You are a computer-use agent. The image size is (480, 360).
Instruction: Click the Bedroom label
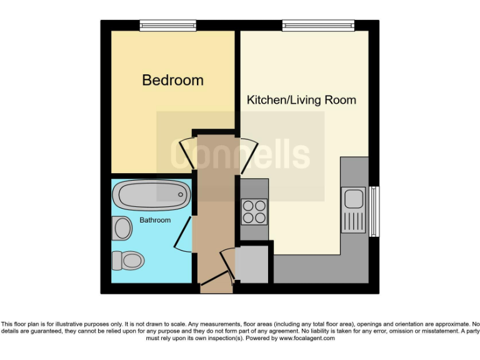point(172,80)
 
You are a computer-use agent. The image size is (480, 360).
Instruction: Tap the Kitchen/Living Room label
point(301,100)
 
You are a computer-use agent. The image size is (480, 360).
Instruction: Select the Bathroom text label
point(154,220)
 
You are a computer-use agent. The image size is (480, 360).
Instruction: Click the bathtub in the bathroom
point(152,195)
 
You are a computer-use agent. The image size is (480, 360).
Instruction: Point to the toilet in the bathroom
point(127,259)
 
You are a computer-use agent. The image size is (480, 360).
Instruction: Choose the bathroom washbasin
point(122,228)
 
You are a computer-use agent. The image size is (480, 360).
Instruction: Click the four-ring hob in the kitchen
point(254,211)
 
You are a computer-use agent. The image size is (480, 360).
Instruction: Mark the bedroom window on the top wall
point(167,25)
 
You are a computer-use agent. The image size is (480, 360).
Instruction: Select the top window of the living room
point(318,25)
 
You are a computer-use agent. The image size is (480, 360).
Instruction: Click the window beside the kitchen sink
point(374,211)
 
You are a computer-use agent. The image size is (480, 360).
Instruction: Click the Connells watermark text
point(240,154)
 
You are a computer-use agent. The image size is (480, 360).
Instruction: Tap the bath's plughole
point(181,194)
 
